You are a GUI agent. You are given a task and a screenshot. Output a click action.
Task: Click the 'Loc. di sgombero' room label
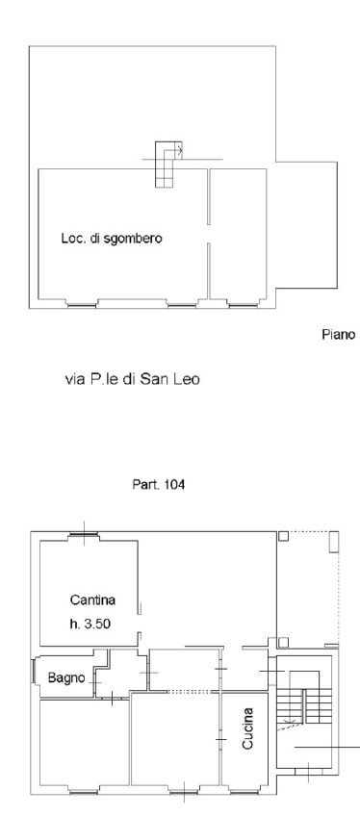[112, 239]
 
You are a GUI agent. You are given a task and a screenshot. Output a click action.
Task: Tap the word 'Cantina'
[92, 600]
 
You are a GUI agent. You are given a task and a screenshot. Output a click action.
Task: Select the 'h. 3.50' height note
[90, 624]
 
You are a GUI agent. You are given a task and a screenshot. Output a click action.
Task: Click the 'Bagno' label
[66, 678]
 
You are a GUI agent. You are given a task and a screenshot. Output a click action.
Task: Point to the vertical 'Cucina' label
[247, 728]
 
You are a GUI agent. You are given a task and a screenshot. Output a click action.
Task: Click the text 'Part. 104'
[159, 485]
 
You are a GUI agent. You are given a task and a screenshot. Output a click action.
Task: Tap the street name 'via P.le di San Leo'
[132, 379]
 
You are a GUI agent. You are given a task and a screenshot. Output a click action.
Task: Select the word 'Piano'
[339, 334]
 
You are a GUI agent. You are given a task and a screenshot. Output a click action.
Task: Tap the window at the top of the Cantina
[85, 533]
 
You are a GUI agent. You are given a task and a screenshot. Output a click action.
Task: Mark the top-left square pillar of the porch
[283, 536]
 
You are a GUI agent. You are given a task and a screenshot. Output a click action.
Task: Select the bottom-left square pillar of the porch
[283, 642]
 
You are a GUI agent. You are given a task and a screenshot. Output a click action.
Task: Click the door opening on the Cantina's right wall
[140, 623]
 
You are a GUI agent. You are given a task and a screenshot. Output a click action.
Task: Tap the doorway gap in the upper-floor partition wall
[209, 234]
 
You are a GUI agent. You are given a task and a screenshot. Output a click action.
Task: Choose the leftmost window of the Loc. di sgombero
[82, 305]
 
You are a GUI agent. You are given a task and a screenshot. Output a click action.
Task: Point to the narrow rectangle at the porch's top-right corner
[334, 541]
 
